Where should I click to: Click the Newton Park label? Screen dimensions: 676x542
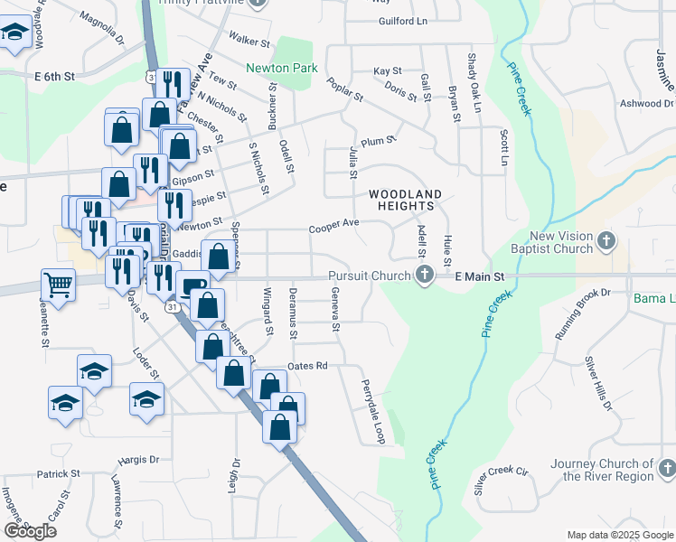point(279,67)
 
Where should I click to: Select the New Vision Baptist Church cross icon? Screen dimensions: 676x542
point(606,241)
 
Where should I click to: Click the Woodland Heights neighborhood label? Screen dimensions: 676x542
point(405,200)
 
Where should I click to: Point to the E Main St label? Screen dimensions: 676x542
point(478,276)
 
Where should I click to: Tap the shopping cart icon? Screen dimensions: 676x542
point(58,285)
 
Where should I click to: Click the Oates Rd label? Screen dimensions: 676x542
point(306,366)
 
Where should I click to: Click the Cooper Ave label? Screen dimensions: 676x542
point(333,223)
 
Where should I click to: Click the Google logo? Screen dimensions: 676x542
point(30,531)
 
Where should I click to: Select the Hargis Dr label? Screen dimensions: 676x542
point(137,460)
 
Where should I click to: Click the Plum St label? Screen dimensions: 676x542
point(378,141)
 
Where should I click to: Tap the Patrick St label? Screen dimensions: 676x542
point(58,473)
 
